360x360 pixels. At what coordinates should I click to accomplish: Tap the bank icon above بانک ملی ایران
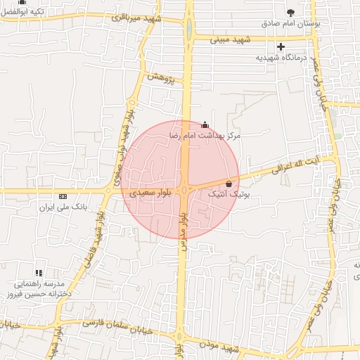pos(63,196)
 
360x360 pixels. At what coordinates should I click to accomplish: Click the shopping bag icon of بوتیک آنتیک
pos(229,184)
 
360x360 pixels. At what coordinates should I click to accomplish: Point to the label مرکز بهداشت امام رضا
pos(205,134)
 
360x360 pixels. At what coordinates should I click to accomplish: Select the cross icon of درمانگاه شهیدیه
pos(281,46)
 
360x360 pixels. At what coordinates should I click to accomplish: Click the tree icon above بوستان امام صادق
pos(291,13)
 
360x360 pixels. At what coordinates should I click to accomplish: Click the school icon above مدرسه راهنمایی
pos(39,272)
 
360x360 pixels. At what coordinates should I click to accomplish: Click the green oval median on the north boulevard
pos(188,30)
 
